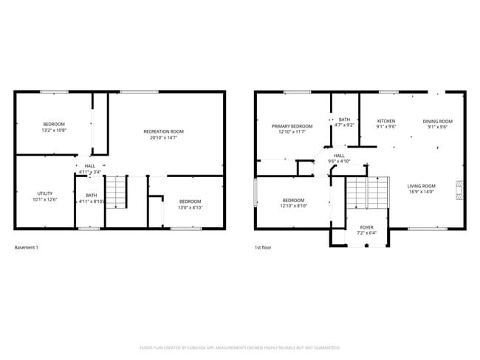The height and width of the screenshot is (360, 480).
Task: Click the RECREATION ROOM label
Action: (x=164, y=131)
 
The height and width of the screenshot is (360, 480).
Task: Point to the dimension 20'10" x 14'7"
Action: (x=164, y=137)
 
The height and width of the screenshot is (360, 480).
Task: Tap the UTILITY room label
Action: (x=45, y=193)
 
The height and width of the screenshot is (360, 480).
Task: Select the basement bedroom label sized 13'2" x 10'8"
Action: (x=54, y=123)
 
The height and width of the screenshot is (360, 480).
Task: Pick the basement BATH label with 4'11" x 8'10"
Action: (x=91, y=195)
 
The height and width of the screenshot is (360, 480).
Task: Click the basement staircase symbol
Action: (x=117, y=194)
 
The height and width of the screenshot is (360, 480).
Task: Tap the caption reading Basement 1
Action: (x=27, y=247)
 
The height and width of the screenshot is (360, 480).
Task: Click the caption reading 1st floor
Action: (x=263, y=247)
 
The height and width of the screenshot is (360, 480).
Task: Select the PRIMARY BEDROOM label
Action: (x=292, y=126)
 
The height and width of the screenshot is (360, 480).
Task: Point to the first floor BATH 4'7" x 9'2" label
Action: (x=344, y=120)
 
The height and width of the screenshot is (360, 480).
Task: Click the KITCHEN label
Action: (x=386, y=121)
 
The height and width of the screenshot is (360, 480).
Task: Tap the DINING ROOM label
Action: (x=437, y=121)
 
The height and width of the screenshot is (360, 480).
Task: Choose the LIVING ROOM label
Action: (x=421, y=186)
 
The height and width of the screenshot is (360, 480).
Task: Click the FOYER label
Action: (x=366, y=227)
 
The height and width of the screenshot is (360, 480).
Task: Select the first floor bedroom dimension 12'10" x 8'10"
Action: (x=293, y=207)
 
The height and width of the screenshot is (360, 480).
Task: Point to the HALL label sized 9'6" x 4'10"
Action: (x=339, y=156)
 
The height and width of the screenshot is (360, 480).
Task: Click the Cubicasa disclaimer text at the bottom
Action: (x=240, y=347)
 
